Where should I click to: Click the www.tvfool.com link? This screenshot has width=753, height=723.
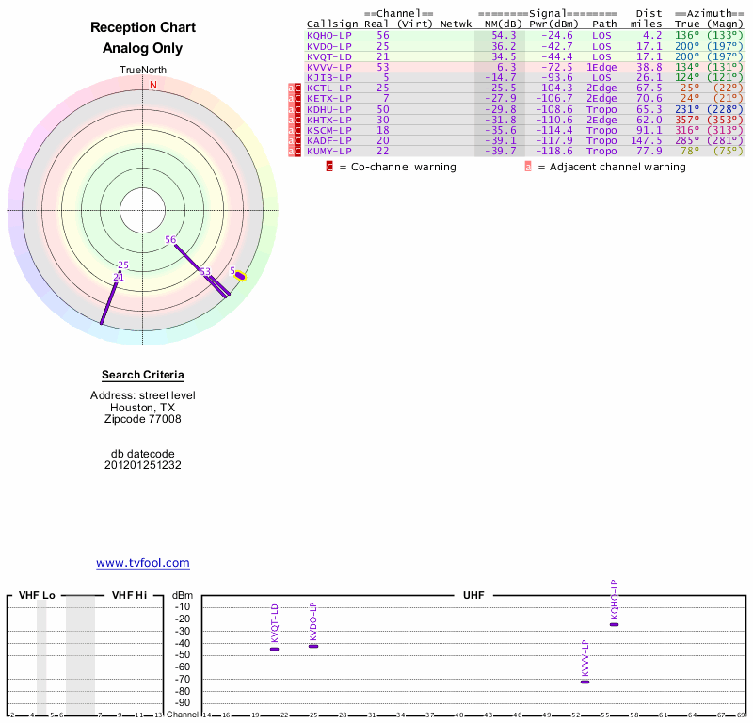point(143,563)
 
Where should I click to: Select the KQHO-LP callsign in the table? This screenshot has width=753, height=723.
point(329,35)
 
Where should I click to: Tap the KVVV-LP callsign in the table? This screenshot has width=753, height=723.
point(329,68)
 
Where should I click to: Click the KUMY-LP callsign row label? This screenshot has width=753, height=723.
point(329,151)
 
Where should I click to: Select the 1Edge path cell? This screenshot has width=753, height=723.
point(601,68)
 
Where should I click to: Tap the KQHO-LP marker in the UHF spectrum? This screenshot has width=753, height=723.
point(615,624)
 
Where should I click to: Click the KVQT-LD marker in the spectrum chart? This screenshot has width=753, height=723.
point(275,649)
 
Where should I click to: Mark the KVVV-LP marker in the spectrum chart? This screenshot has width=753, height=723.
point(585,681)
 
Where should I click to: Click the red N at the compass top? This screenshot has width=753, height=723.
point(153,85)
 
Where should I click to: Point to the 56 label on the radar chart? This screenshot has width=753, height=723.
point(170,240)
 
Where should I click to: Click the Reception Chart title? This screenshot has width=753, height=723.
point(143,27)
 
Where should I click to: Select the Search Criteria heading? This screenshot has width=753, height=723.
point(143,375)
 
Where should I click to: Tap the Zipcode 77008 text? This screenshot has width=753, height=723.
point(143,420)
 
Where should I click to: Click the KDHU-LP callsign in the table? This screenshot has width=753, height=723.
point(329,109)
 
